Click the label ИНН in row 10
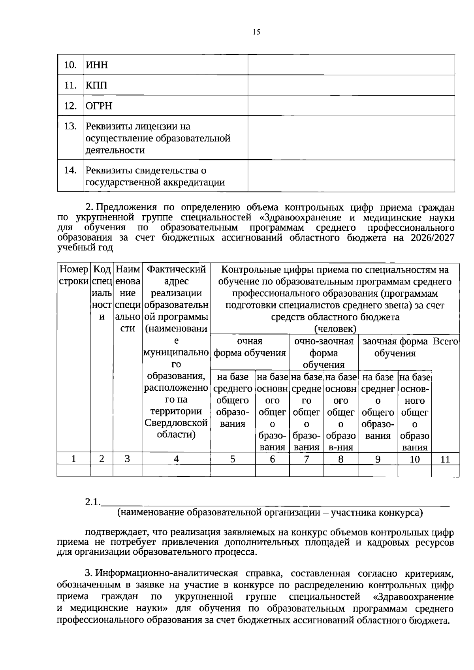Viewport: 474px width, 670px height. [x=97, y=65]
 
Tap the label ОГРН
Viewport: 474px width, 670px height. [x=99, y=106]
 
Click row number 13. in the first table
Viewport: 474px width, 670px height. [x=70, y=126]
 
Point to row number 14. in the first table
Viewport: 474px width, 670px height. [x=70, y=170]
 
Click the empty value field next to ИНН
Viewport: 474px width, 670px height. [x=351, y=65]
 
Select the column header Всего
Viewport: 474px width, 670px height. [x=445, y=341]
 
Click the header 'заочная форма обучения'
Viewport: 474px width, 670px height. [x=395, y=347]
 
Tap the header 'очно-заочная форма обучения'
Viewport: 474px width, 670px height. [x=324, y=352]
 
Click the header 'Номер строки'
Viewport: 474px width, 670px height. [x=73, y=275]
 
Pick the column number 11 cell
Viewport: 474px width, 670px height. [x=445, y=459]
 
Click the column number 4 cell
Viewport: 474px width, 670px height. [x=176, y=459]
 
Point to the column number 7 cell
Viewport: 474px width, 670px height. [x=306, y=459]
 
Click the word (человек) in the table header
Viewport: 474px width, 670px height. [x=335, y=329]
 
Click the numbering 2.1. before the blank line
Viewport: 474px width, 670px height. [x=93, y=502]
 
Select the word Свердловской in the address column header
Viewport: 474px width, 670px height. [x=176, y=423]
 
